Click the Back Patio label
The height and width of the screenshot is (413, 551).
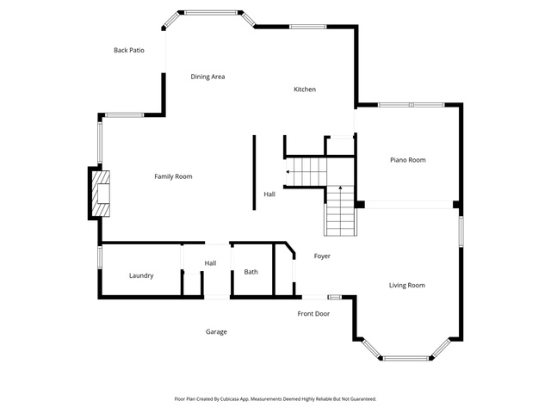(x=129, y=50)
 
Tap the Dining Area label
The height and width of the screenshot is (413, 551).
(x=207, y=77)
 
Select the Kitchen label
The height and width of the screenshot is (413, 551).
(x=305, y=89)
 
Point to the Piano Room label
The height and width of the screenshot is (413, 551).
(x=407, y=160)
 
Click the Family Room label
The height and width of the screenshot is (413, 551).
(x=173, y=176)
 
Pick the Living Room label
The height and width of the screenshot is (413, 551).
(x=407, y=285)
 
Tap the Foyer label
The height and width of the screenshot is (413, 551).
(x=322, y=256)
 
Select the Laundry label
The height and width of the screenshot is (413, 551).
(x=141, y=275)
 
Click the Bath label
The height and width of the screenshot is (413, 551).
(x=251, y=272)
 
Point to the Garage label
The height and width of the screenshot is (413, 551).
(x=216, y=332)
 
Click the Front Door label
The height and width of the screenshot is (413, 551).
(x=313, y=313)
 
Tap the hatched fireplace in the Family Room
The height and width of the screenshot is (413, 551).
(x=101, y=194)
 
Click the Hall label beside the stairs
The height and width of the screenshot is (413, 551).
(x=269, y=194)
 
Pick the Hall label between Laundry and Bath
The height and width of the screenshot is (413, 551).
(x=210, y=263)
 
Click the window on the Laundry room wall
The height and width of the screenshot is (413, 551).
(x=100, y=257)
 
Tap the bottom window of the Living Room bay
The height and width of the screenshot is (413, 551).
(x=406, y=359)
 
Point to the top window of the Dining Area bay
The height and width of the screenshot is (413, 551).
(x=211, y=13)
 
